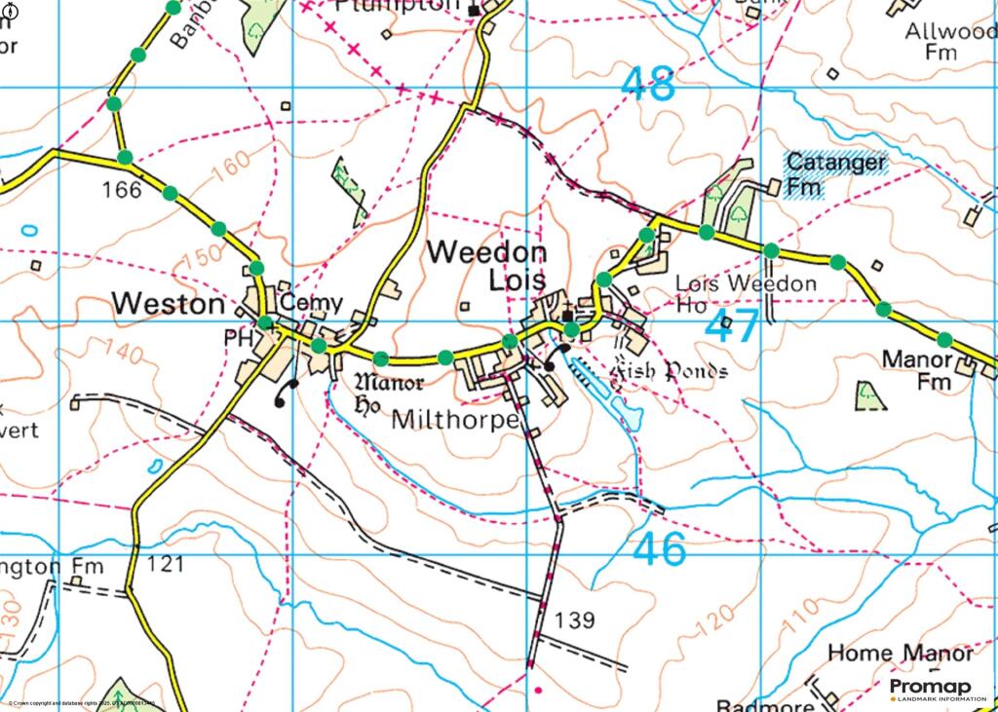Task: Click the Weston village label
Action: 168,304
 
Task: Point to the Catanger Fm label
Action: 836,173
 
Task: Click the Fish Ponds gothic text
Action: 668,371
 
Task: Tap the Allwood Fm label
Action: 949,44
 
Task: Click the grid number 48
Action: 648,85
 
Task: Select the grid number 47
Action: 731,327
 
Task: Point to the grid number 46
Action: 660,550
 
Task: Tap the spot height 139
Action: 574,619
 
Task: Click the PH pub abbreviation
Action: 238,338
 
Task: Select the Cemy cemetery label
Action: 305,304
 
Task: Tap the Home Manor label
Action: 899,653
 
